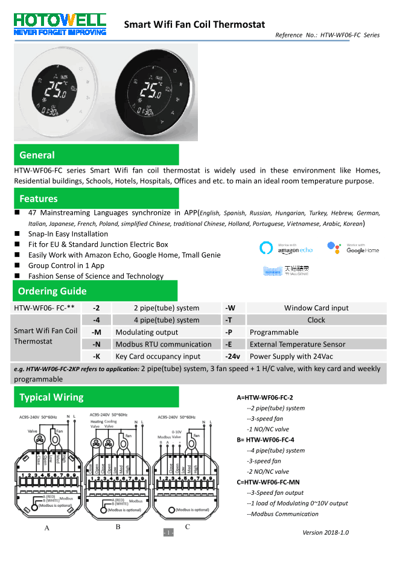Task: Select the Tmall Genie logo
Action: click(286, 270)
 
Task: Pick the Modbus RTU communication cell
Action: click(164, 345)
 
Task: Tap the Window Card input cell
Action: click(316, 308)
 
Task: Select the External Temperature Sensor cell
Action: click(297, 345)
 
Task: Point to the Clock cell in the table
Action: click(316, 320)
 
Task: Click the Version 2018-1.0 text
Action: click(325, 532)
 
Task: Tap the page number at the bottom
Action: click(169, 533)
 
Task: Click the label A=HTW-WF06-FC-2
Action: click(265, 398)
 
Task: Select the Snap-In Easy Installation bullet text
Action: click(68, 234)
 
